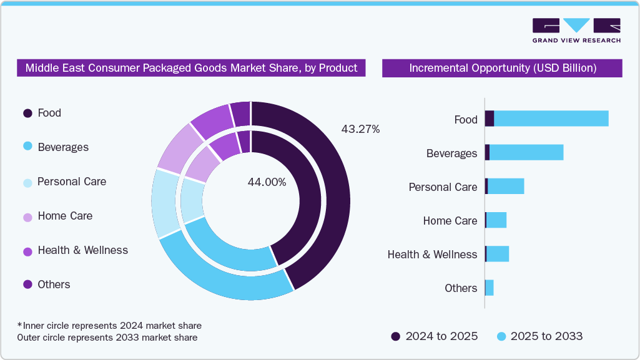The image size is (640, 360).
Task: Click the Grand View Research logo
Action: coord(576,30)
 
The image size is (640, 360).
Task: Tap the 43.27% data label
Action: coord(360,129)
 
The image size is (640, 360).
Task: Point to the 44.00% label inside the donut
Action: coord(267,182)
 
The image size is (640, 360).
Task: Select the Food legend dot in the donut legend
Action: coord(27,113)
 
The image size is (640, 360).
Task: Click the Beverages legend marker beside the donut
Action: coord(27,147)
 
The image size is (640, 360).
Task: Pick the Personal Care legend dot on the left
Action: coord(27,182)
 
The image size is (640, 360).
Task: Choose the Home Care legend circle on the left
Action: coord(27,216)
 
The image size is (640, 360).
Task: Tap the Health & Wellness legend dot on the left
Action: coord(27,250)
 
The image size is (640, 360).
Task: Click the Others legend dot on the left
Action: coord(27,285)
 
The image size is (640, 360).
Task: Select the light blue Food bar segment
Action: coord(551,119)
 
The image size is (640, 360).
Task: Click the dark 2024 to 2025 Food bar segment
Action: coord(490,119)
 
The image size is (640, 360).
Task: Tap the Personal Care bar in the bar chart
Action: coord(506,186)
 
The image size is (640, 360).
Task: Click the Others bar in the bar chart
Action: coord(490,288)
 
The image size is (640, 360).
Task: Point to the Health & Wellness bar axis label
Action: coord(432,255)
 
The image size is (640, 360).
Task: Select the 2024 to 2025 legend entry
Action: coord(435,336)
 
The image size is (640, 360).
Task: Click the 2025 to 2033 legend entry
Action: coord(539,336)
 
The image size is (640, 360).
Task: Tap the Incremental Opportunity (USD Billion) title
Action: coord(502,68)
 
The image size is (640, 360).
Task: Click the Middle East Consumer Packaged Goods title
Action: coord(191,68)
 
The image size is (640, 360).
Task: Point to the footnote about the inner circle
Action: coord(109,326)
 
